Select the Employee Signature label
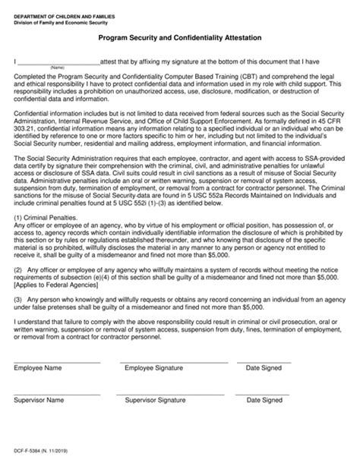click(155, 391)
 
